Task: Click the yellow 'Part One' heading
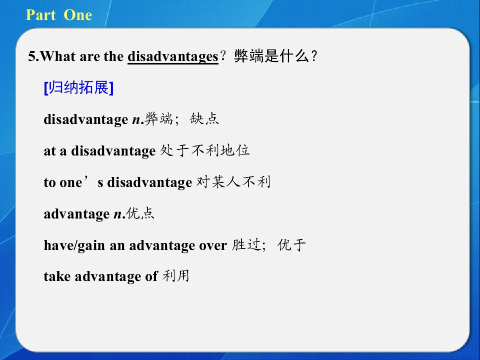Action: click(59, 14)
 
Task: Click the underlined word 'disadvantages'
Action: click(173, 57)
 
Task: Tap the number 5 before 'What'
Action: click(32, 56)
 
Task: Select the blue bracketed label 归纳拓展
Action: click(78, 88)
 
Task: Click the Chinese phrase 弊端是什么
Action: click(271, 56)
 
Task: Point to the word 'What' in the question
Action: click(58, 56)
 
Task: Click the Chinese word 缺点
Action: click(204, 119)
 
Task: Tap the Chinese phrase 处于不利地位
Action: click(205, 150)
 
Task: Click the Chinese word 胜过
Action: click(246, 245)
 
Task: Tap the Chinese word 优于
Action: click(291, 245)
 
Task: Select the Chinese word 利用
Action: click(175, 276)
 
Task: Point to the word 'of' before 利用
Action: click(151, 276)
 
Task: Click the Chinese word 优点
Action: click(140, 213)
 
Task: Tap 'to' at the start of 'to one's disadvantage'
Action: click(50, 183)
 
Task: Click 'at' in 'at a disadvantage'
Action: click(49, 151)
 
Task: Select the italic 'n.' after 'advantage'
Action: click(119, 214)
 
